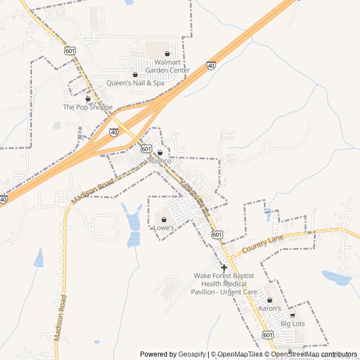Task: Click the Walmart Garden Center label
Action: click(x=167, y=66)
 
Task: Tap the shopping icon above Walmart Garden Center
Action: click(x=167, y=54)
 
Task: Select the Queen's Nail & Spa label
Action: click(x=136, y=83)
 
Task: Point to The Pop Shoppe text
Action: click(x=88, y=107)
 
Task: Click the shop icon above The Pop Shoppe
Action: click(x=88, y=98)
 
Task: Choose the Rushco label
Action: click(x=160, y=161)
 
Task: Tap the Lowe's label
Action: click(x=164, y=228)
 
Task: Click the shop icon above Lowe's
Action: click(x=164, y=219)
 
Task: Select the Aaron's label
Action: click(x=269, y=308)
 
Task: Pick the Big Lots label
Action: click(x=292, y=323)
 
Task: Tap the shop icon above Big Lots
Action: click(x=292, y=315)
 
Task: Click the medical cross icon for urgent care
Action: click(x=224, y=267)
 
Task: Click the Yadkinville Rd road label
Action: click(x=195, y=199)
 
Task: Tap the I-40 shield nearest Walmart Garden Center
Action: click(x=211, y=65)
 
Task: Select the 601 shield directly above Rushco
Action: click(x=146, y=148)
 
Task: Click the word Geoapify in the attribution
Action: click(x=192, y=354)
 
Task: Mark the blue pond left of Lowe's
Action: click(x=134, y=225)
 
